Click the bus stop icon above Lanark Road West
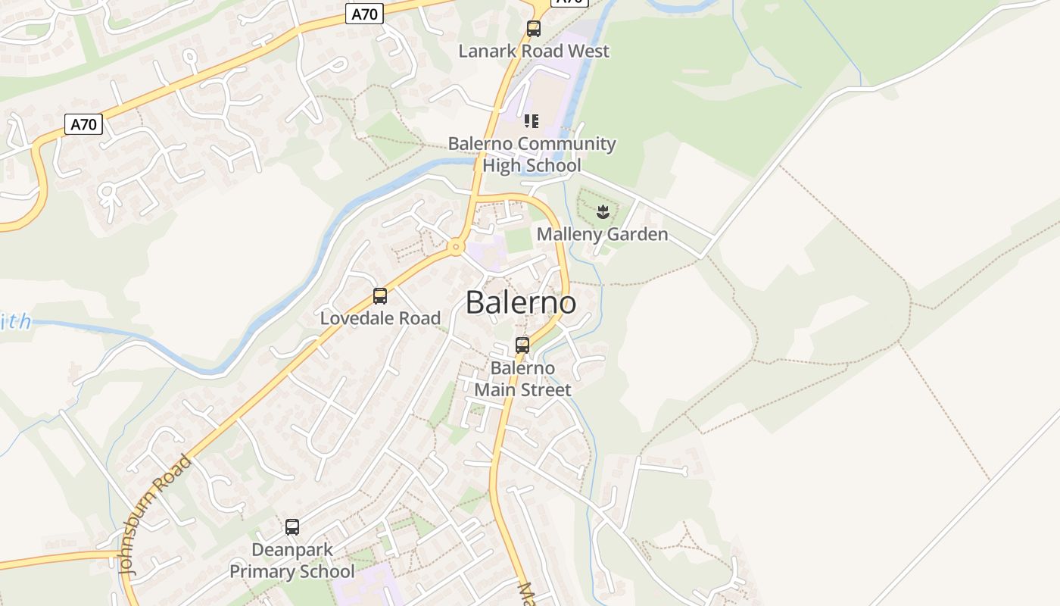click(x=534, y=29)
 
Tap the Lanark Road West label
click(x=534, y=52)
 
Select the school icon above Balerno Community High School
click(x=532, y=121)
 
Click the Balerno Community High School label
click(x=532, y=155)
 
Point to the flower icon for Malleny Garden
click(x=603, y=212)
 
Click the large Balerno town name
click(x=520, y=303)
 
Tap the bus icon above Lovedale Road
click(x=380, y=296)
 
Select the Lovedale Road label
click(x=380, y=318)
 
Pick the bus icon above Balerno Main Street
click(x=522, y=345)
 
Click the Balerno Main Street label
click(x=522, y=379)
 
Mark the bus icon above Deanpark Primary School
click(x=292, y=527)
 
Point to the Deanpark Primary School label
click(x=292, y=561)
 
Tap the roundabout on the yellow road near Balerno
click(x=456, y=246)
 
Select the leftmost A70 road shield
click(x=83, y=123)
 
